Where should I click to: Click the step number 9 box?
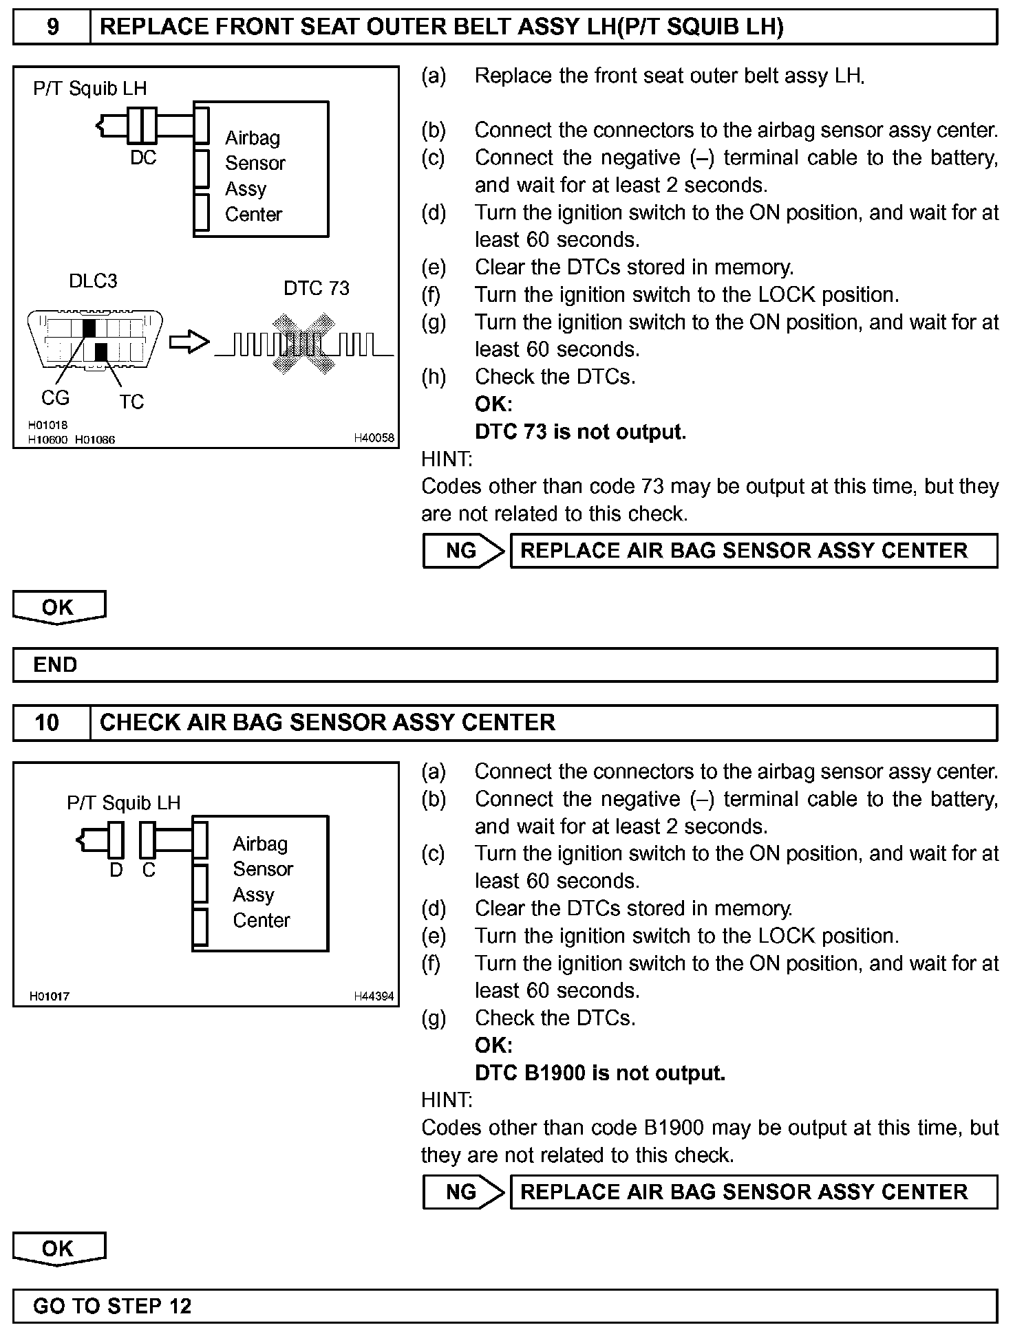[x=52, y=28]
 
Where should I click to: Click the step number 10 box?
[x=47, y=723]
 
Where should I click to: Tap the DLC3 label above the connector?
[x=93, y=281]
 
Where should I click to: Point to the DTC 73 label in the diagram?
[x=317, y=288]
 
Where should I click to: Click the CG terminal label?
[x=55, y=398]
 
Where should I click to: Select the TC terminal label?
[x=131, y=402]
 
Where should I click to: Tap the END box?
[x=505, y=665]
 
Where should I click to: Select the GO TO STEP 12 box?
[x=505, y=1306]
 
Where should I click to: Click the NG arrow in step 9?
[x=463, y=551]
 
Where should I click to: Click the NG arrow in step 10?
[x=463, y=1192]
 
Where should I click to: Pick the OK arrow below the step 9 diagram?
[x=59, y=608]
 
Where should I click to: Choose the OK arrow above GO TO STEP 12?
[x=59, y=1249]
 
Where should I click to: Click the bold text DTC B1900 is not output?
[x=600, y=1073]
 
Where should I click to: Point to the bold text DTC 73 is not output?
[x=580, y=432]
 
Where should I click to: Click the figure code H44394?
[x=374, y=996]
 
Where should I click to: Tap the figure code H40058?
[x=374, y=438]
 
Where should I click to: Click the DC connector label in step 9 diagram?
[x=143, y=158]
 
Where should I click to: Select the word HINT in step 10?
[x=447, y=1100]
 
